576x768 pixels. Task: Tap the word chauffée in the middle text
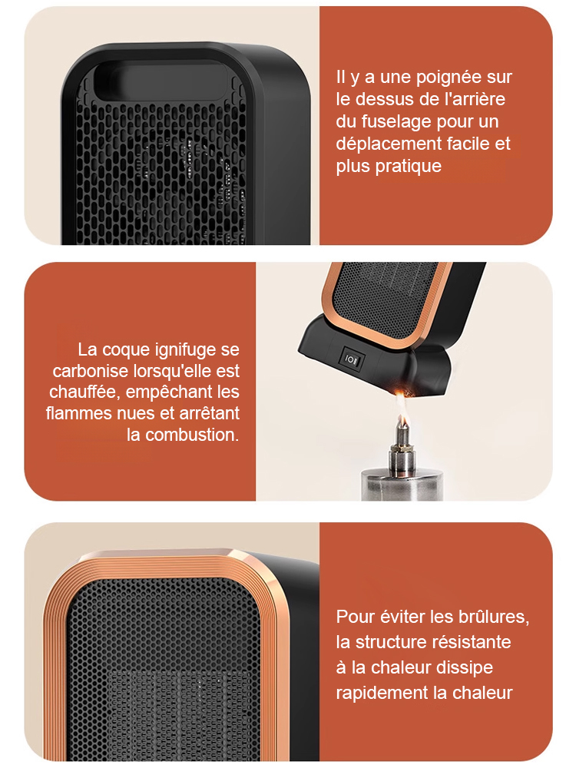coord(84,392)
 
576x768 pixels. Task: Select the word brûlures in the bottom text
coord(492,617)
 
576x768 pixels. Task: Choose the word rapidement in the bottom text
coord(381,692)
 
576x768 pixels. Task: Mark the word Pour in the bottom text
coord(356,617)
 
